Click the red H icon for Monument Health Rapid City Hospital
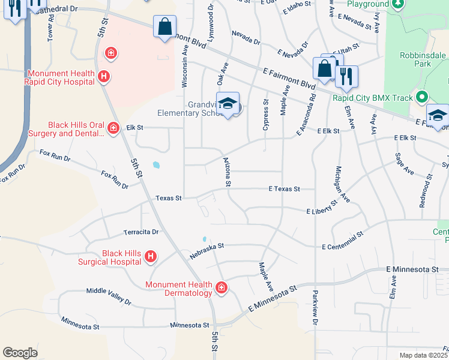pos(104,76)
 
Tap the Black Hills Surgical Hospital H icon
pos(151,257)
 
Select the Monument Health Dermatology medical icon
pos(221,289)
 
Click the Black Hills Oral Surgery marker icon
pos(113,127)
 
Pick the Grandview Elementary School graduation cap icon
pos(228,104)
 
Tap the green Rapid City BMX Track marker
pos(422,96)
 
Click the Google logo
pos(20,352)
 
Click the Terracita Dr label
pos(141,232)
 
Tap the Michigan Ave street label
pos(342,183)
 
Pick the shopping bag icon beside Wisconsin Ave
pos(164,28)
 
